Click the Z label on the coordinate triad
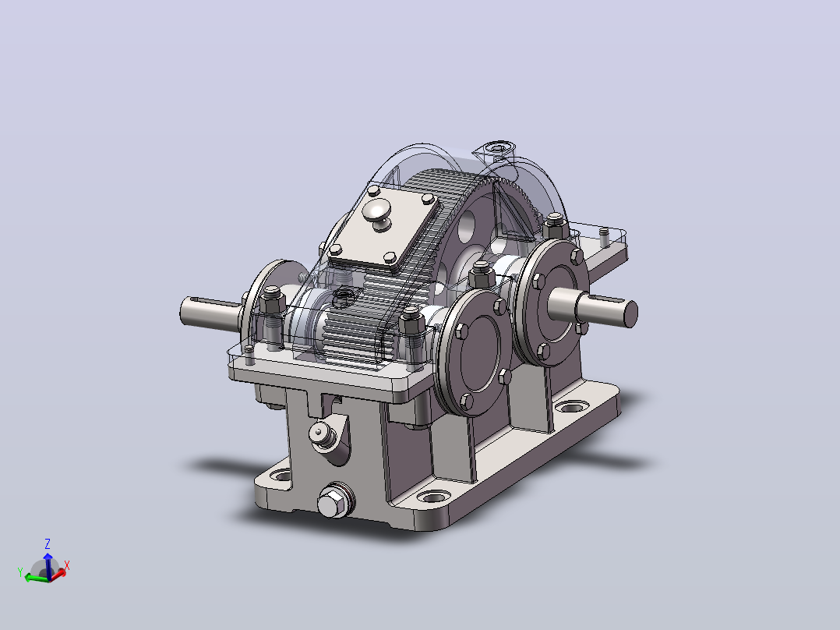47,544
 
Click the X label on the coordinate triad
67,565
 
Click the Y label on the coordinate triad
20,572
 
